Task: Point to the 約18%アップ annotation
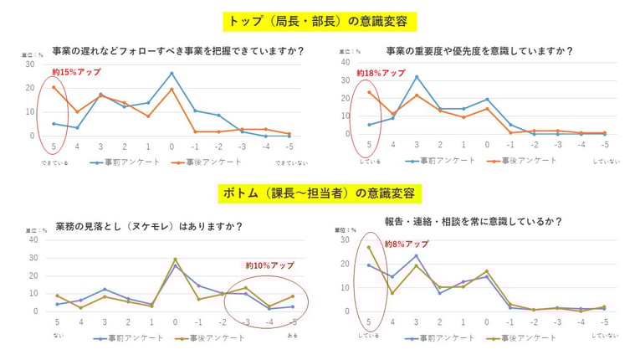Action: (381, 73)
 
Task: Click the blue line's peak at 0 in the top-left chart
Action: (172, 74)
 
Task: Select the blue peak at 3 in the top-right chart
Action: (417, 77)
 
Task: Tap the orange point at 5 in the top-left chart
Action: (54, 87)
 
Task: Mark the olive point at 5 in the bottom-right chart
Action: (369, 247)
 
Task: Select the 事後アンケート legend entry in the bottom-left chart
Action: (212, 337)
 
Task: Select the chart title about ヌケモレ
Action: (149, 226)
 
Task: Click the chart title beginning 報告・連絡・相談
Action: (473, 222)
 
